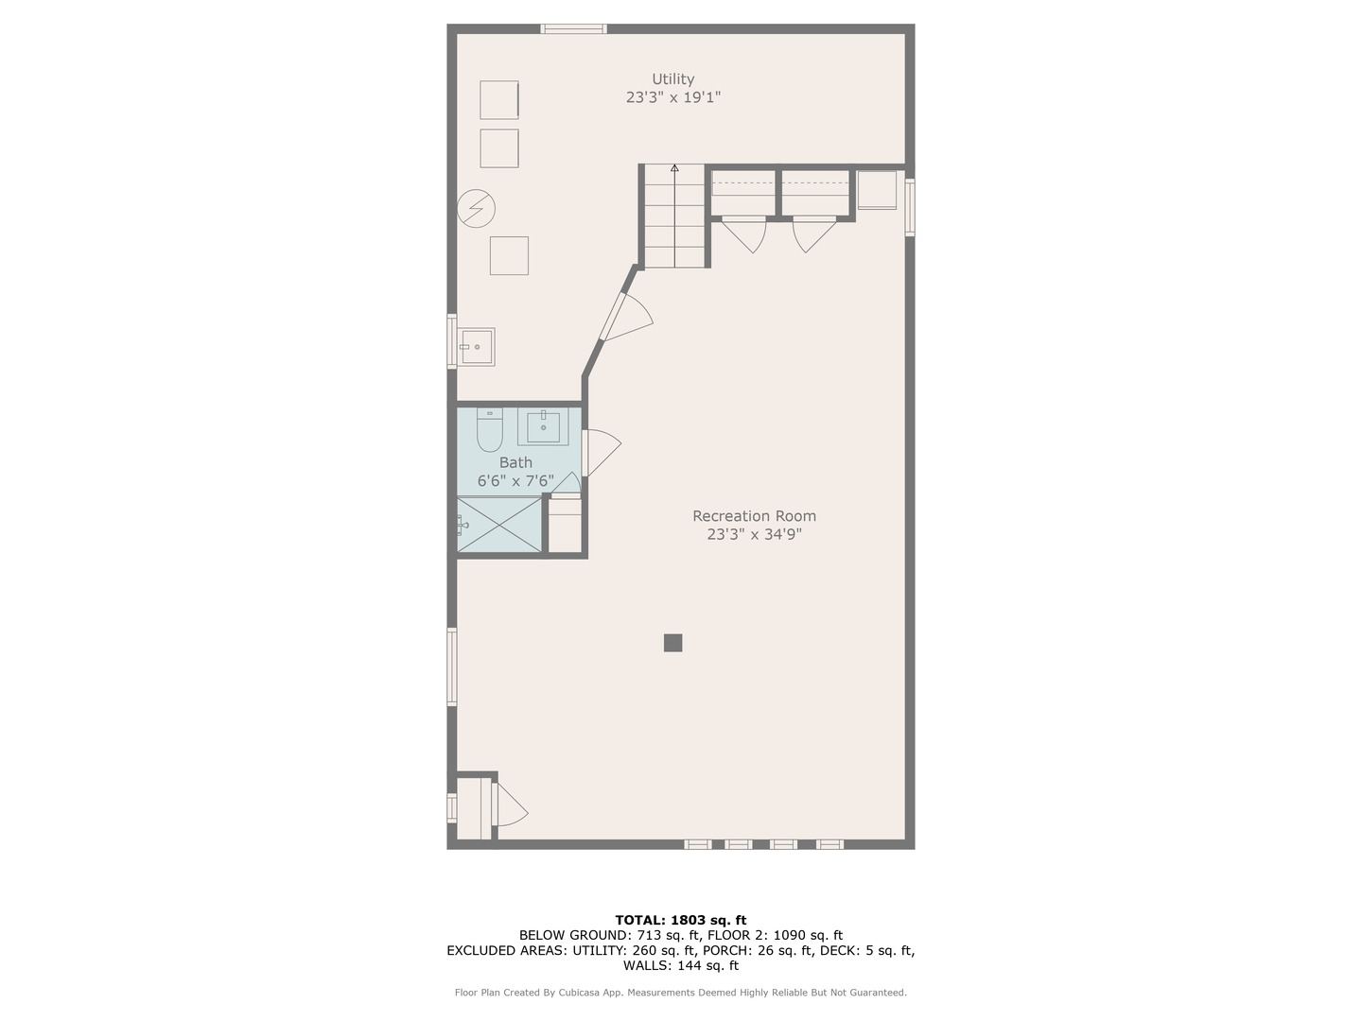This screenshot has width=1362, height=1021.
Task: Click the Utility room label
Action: pyautogui.click(x=672, y=79)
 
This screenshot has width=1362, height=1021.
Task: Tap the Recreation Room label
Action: pyautogui.click(x=754, y=516)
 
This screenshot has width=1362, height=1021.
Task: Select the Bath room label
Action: pyautogui.click(x=515, y=462)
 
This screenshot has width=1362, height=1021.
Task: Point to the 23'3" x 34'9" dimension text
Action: pyautogui.click(x=754, y=534)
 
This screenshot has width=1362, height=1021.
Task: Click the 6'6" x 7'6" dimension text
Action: pyautogui.click(x=515, y=481)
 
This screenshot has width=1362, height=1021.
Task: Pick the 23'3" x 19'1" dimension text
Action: pyautogui.click(x=672, y=97)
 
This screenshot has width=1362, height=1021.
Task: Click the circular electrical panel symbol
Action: pyautogui.click(x=476, y=208)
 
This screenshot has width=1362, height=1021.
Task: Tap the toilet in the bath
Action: pyautogui.click(x=489, y=429)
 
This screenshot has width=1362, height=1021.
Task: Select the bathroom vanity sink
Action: pyautogui.click(x=543, y=426)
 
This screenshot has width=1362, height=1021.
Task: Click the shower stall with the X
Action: pyautogui.click(x=498, y=525)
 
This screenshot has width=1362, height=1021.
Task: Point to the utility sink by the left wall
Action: pyautogui.click(x=476, y=347)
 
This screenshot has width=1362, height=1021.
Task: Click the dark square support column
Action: pyautogui.click(x=672, y=643)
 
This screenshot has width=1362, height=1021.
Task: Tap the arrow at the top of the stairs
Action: pyautogui.click(x=674, y=168)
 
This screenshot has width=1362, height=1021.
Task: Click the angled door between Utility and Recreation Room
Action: pyautogui.click(x=623, y=318)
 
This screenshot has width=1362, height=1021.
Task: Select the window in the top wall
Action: pyautogui.click(x=573, y=28)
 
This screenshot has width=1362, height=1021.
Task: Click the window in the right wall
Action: pyautogui.click(x=910, y=207)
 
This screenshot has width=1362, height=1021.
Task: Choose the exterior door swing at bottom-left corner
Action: pyautogui.click(x=510, y=804)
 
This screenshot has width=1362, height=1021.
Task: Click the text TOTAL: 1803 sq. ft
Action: pyautogui.click(x=681, y=920)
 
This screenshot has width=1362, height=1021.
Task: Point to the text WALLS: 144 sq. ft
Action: pyautogui.click(x=681, y=965)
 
